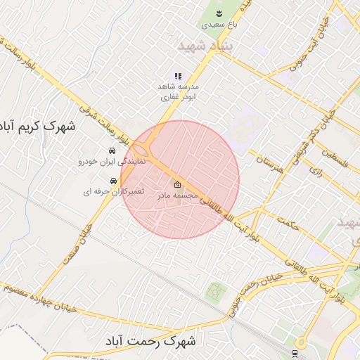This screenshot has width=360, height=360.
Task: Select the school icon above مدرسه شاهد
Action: (177, 76)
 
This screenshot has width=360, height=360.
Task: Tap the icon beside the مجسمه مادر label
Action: (177, 184)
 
